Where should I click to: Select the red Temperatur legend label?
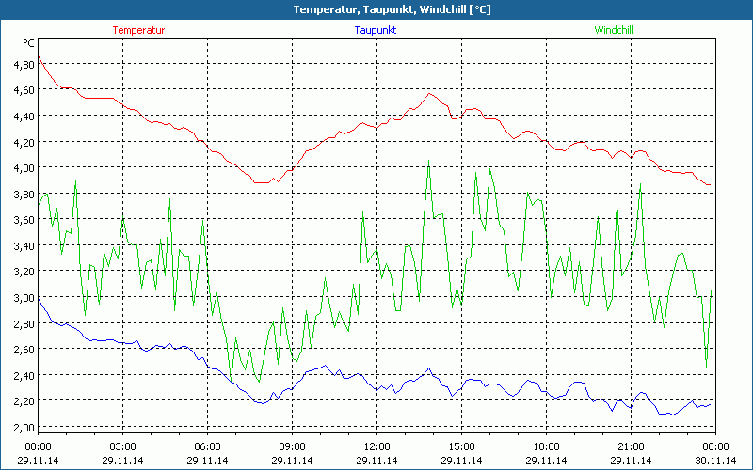pyautogui.click(x=138, y=30)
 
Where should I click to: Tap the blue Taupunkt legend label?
pyautogui.click(x=376, y=30)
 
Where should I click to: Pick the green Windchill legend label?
pyautogui.click(x=614, y=30)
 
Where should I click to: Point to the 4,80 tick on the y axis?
pyautogui.click(x=24, y=64)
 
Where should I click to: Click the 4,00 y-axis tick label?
pyautogui.click(x=24, y=167)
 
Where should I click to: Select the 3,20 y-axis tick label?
pyautogui.click(x=24, y=271)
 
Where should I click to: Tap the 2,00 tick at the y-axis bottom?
pyautogui.click(x=24, y=426)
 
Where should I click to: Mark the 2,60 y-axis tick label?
pyautogui.click(x=24, y=349)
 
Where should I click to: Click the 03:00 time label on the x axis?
pyautogui.click(x=122, y=446)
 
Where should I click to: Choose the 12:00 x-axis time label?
pyautogui.click(x=376, y=446)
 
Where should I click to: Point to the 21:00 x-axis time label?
pyautogui.click(x=631, y=446)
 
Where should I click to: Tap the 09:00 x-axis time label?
pyautogui.click(x=292, y=446)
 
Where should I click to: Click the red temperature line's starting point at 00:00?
pyautogui.click(x=39, y=57)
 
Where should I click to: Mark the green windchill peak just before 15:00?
pyautogui.click(x=428, y=161)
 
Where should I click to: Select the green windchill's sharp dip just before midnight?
pyautogui.click(x=706, y=368)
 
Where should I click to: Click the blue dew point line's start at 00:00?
pyautogui.click(x=39, y=297)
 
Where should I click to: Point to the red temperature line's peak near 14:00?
pyautogui.click(x=429, y=93)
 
